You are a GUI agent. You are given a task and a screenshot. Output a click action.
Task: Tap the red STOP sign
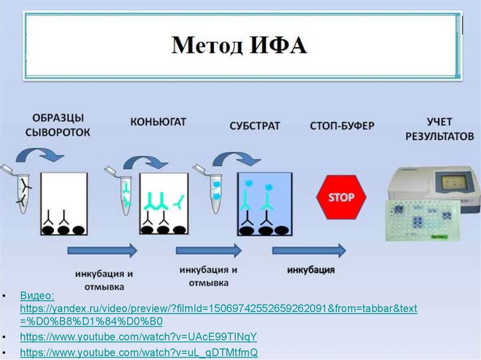pyautogui.click(x=341, y=197)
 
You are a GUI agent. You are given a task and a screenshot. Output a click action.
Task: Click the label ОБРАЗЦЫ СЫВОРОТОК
pyautogui.click(x=58, y=125)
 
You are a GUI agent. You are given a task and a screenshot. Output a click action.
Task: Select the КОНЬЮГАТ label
pyautogui.click(x=158, y=122)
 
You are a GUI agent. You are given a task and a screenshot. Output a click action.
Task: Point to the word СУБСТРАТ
pyautogui.click(x=255, y=126)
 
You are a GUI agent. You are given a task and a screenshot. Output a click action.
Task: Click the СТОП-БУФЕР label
pyautogui.click(x=341, y=126)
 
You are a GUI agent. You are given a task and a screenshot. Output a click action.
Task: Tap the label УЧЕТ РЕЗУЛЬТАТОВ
pyautogui.click(x=440, y=129)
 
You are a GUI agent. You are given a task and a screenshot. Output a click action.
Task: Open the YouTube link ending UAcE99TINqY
pyautogui.click(x=139, y=337)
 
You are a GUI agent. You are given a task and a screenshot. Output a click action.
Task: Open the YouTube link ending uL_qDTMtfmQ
pyautogui.click(x=139, y=352)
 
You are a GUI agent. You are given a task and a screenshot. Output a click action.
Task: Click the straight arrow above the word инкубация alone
pyautogui.click(x=309, y=251)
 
